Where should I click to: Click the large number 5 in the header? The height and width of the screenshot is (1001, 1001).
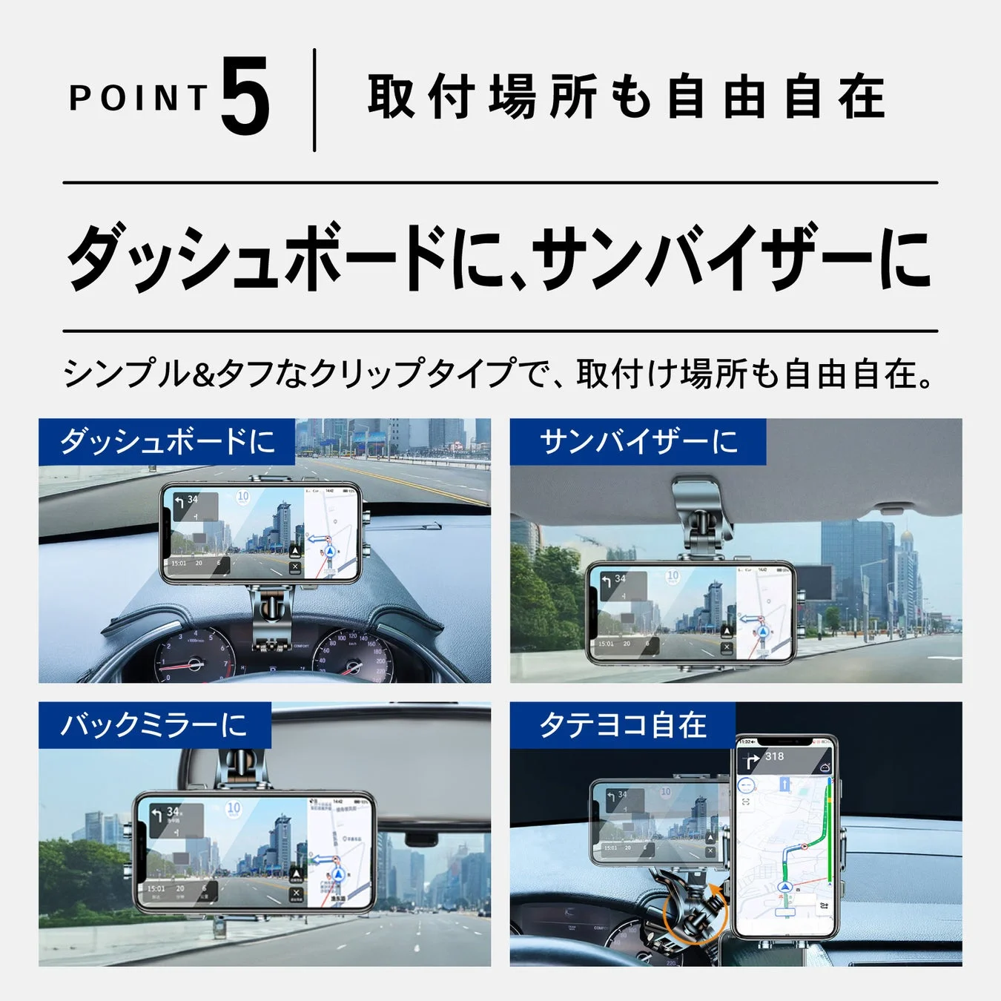[x=245, y=99]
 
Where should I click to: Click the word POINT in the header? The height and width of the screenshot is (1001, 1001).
[x=139, y=99]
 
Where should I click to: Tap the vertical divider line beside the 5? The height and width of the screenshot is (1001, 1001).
[x=314, y=100]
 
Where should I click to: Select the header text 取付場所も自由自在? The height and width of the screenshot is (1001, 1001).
[x=627, y=97]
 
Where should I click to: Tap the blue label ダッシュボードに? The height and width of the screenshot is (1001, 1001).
[x=167, y=441]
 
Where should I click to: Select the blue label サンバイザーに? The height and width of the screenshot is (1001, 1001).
[x=638, y=441]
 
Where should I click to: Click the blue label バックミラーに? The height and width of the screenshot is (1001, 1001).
[x=154, y=724]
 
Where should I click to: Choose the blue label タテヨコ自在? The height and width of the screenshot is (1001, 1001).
[x=622, y=724]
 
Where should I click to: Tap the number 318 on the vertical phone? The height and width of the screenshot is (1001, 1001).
[x=774, y=756]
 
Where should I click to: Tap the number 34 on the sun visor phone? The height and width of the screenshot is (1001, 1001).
[x=620, y=578]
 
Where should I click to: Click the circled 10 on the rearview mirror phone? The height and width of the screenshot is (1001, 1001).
[x=234, y=807]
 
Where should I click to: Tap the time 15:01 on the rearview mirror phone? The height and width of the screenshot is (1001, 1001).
[x=156, y=888]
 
